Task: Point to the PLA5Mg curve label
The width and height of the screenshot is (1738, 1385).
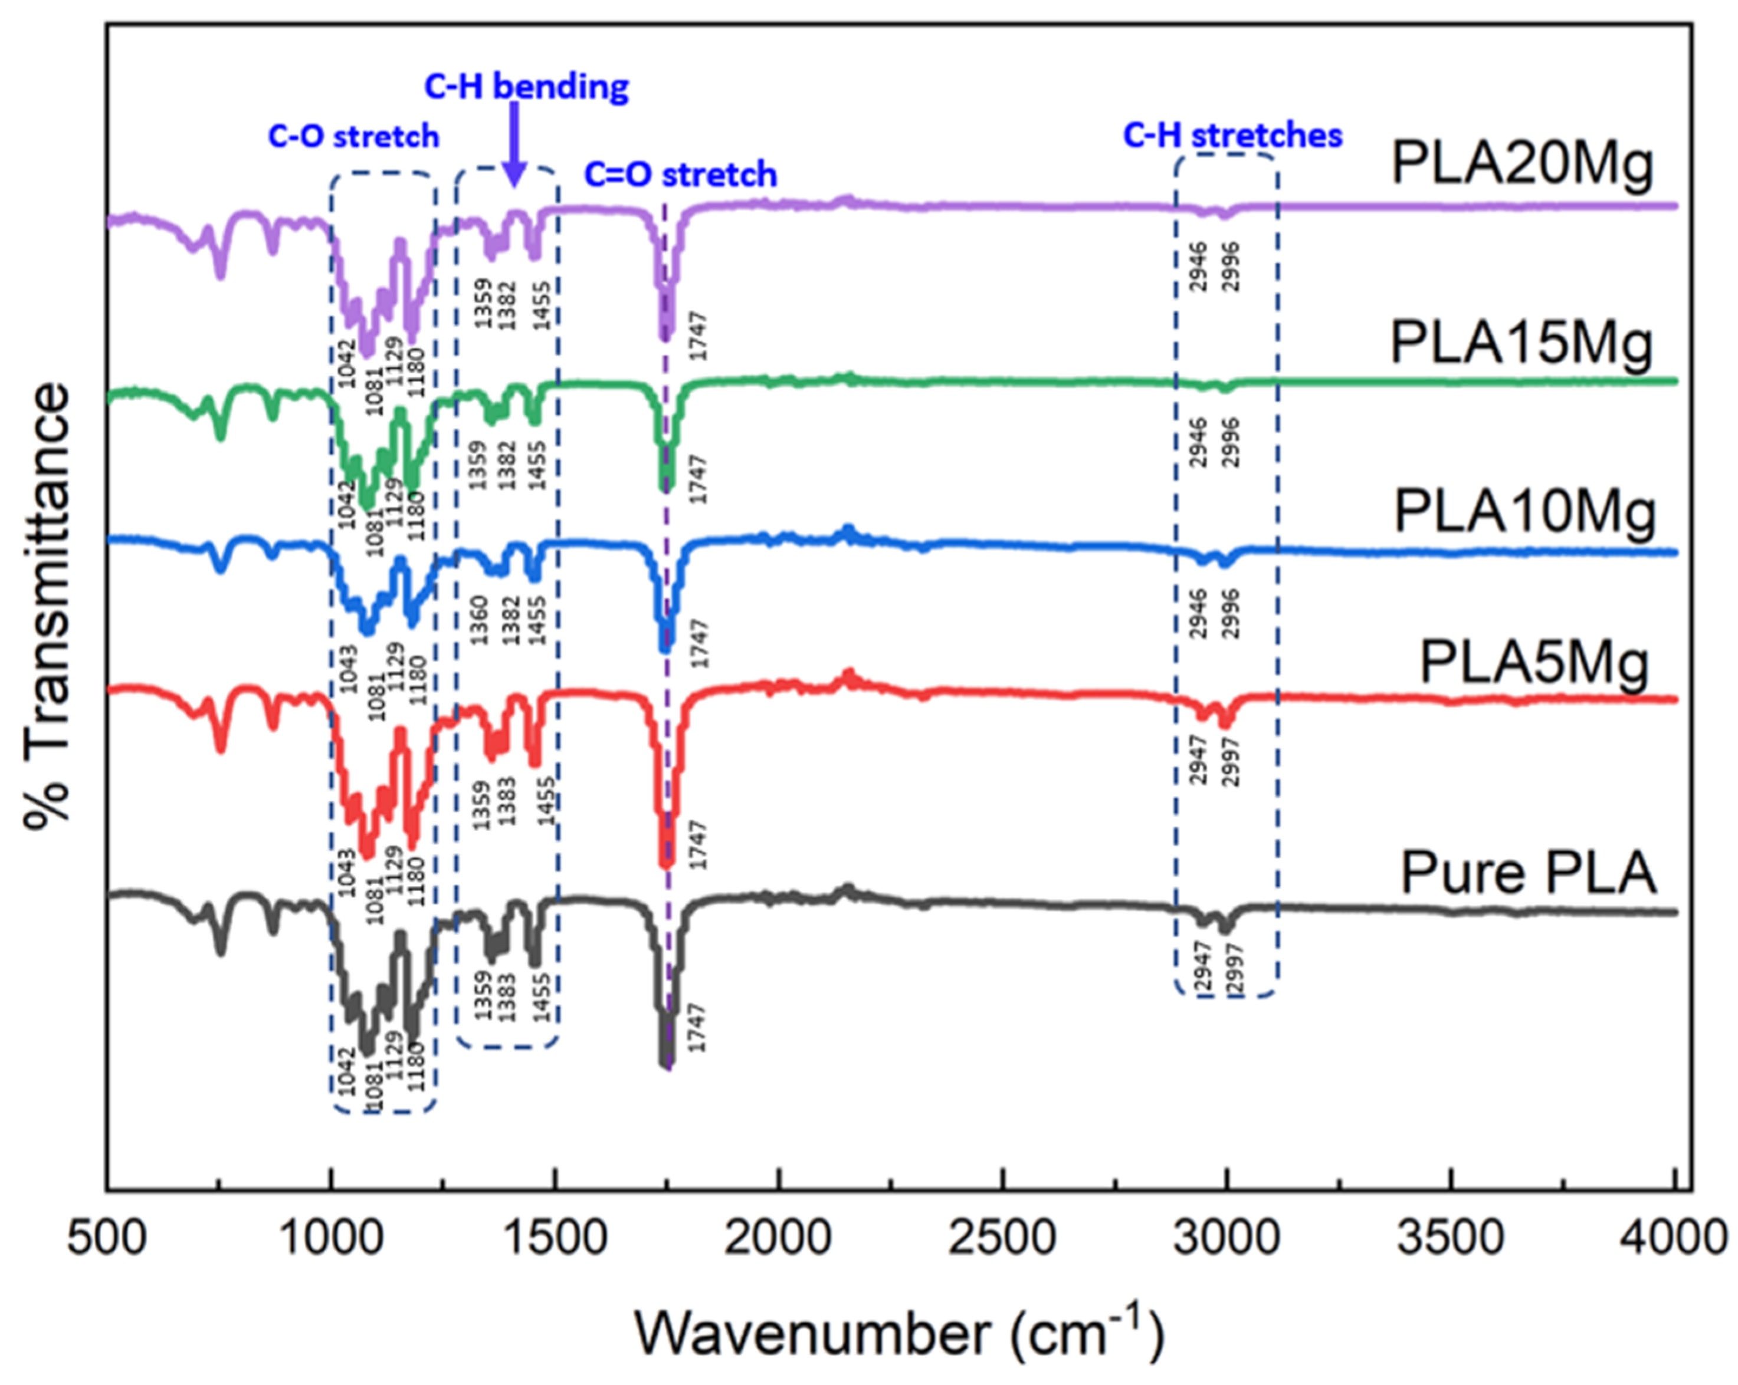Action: tap(1534, 664)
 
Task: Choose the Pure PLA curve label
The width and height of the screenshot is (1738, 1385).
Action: tap(1527, 873)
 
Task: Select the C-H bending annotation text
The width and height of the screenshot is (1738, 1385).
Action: tap(526, 86)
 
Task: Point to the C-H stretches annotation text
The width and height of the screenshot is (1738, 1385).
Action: tap(1232, 136)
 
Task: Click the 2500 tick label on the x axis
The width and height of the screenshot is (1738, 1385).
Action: tap(1002, 1237)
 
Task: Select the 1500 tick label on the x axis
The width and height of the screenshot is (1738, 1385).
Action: tap(554, 1237)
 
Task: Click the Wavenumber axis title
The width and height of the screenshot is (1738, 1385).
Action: tap(899, 1334)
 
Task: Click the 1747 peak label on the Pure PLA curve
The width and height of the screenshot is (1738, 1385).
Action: tap(697, 1027)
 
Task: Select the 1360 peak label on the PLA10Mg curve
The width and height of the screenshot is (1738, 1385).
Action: tap(480, 620)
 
